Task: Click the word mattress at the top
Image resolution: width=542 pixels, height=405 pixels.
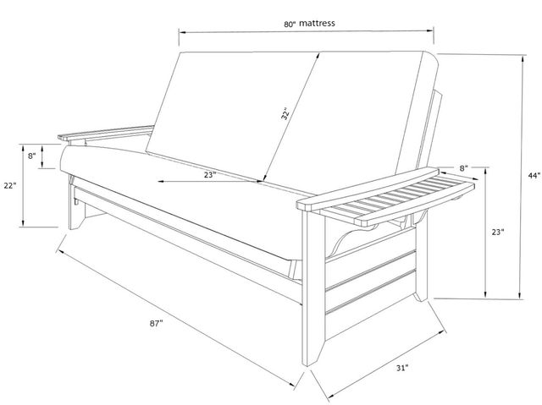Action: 317,23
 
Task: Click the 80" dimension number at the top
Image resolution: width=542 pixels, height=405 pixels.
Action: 290,25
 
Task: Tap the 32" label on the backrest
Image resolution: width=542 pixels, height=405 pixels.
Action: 285,114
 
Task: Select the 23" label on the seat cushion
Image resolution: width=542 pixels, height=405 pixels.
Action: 210,175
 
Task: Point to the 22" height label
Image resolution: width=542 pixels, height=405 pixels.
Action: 10,186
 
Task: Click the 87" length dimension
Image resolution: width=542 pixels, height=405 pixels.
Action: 156,323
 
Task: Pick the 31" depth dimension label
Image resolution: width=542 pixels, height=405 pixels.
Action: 402,368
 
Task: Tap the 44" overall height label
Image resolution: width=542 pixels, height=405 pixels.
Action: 534,175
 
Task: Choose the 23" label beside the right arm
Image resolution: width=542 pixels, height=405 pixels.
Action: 498,233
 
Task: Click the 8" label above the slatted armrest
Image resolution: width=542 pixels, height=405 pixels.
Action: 463,168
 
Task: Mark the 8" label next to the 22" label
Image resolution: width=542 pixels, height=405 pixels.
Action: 32,156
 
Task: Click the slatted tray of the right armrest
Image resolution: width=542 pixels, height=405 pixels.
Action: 397,200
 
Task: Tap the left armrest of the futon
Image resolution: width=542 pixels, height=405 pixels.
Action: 106,133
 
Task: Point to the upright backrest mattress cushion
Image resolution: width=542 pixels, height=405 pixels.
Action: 292,116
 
